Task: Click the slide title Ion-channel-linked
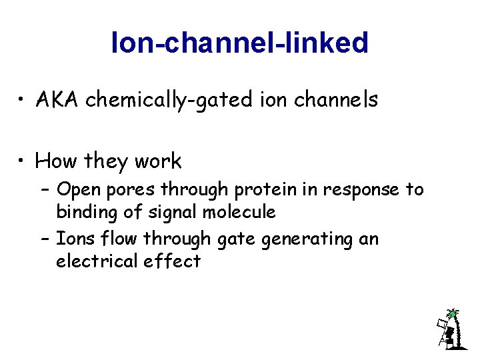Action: tap(240, 43)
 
